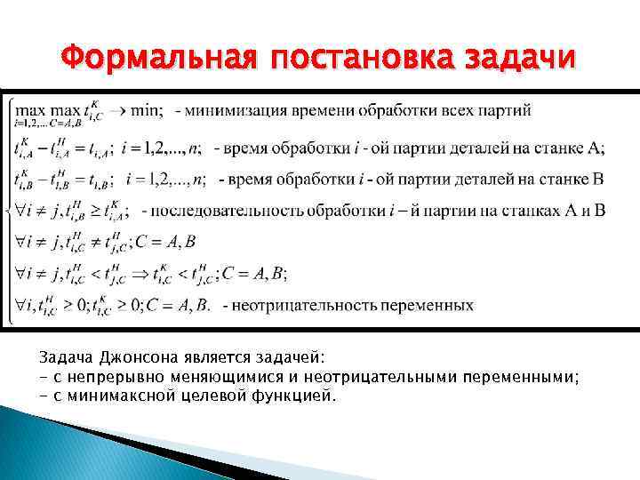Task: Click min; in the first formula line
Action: coord(147,111)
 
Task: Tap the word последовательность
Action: coord(228,211)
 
